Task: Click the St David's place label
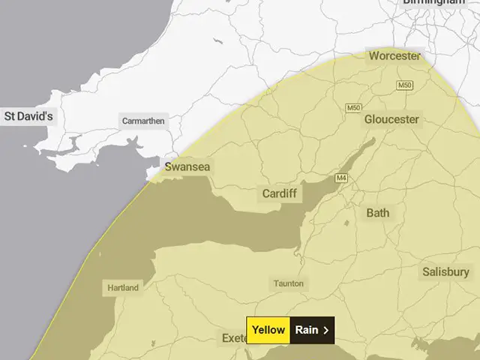coord(28,116)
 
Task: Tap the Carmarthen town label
coord(142,120)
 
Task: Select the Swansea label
coord(187,166)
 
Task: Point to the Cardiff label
coord(280,193)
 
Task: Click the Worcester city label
coord(394,55)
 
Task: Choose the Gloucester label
coord(391,119)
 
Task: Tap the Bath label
coord(378,213)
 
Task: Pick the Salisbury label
coord(445,271)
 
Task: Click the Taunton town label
coord(289,283)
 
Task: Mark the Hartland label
coord(121,287)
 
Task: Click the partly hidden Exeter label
coord(233,338)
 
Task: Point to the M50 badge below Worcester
coord(405,85)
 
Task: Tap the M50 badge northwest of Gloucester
coord(354,108)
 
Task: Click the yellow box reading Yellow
coord(268,330)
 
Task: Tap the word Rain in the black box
coord(307,330)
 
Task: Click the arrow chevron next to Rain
coord(326,330)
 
